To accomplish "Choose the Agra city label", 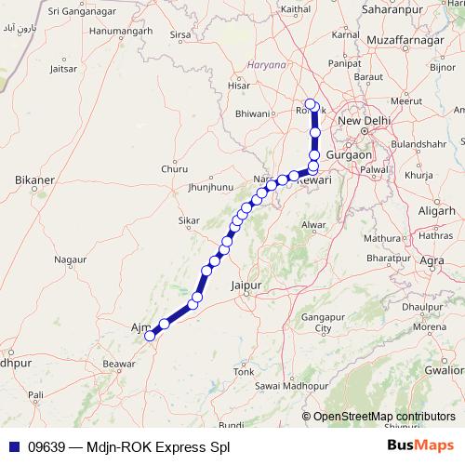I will pos(432,261).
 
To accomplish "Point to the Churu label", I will pos(174,169).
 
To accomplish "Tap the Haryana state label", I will pos(268,65).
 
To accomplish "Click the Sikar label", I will pos(189,221).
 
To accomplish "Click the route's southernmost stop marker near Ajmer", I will pos(149,337).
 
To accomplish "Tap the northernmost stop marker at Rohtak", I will pos(311,104).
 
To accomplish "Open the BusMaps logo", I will pos(419,446).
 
